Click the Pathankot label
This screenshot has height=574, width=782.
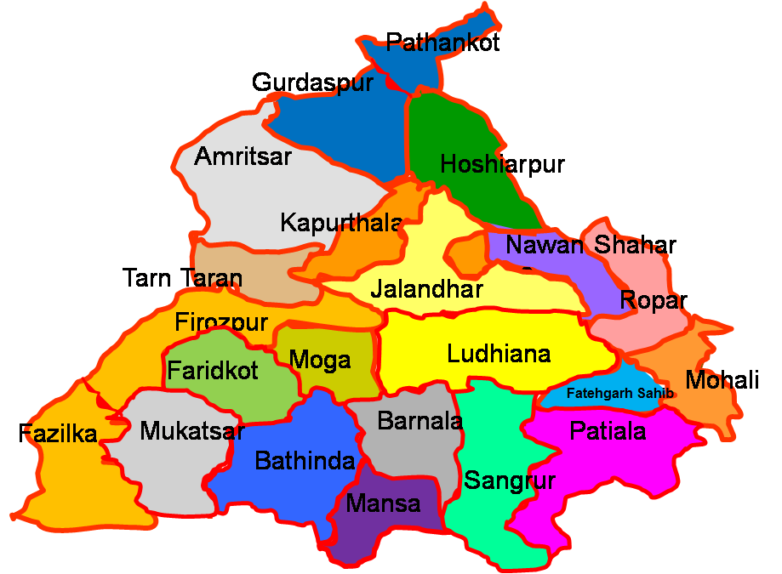click(x=442, y=43)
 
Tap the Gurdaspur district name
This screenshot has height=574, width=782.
click(x=312, y=83)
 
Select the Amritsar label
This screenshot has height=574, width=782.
click(x=243, y=156)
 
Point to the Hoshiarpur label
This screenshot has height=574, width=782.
click(x=502, y=164)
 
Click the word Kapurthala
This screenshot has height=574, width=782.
click(x=341, y=224)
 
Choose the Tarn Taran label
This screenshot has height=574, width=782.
click(x=182, y=278)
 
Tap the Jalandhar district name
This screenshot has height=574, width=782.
click(x=426, y=289)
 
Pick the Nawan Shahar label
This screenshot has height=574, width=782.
click(x=591, y=246)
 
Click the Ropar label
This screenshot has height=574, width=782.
click(x=653, y=300)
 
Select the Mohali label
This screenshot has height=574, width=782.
click(x=722, y=380)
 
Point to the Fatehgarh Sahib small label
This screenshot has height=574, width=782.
click(x=619, y=394)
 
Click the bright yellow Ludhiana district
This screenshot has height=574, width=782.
click(x=499, y=354)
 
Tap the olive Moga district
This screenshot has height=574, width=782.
click(x=321, y=361)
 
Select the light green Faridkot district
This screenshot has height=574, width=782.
click(x=213, y=372)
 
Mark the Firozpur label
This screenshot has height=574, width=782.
click(x=221, y=323)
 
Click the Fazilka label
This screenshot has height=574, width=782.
click(x=58, y=434)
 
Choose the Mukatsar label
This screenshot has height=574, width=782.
click(x=191, y=431)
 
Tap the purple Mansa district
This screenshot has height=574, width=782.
click(x=383, y=503)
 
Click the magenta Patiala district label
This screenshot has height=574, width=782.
click(x=608, y=431)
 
